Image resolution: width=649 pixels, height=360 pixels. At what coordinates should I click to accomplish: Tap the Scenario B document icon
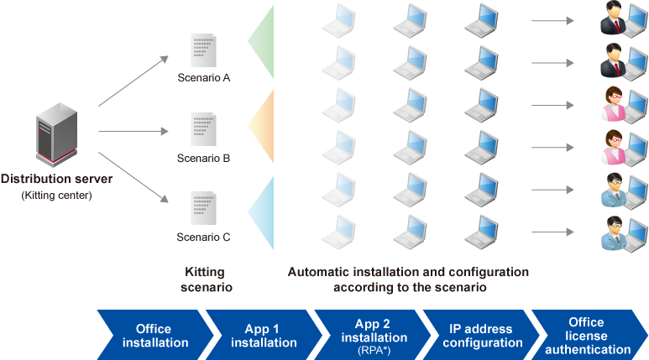point(202,131)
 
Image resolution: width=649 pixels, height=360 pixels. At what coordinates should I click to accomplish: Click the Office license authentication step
point(585,335)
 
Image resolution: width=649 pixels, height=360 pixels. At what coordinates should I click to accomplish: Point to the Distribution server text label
point(56,179)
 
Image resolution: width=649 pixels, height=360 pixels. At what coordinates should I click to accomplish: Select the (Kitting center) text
point(56,196)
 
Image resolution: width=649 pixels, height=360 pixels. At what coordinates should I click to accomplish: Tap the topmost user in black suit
point(616,20)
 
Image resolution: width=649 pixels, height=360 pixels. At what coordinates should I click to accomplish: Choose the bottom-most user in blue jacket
point(616,232)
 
